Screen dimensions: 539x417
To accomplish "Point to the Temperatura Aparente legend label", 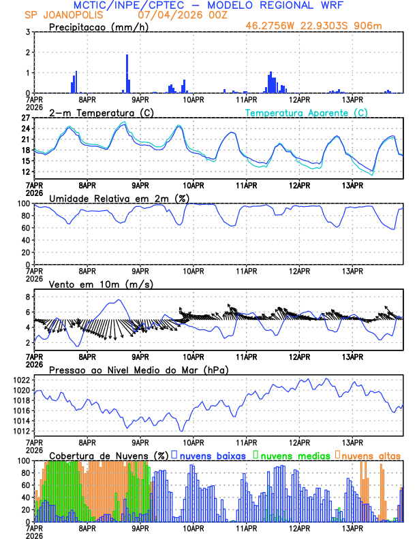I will tap(306, 112).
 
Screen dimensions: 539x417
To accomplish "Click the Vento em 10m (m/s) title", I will tap(91, 284).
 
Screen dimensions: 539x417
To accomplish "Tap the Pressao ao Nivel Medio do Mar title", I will tap(138, 370).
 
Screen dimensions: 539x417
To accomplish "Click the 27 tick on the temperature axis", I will tap(25, 118).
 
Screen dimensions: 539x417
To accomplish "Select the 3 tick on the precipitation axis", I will tap(27, 32).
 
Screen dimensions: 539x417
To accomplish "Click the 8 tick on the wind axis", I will tap(27, 297).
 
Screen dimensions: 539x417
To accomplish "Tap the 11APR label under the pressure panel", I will tap(246, 442).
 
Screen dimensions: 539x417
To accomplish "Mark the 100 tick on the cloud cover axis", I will tap(22, 461).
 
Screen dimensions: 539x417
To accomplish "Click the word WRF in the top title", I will tap(339, 5).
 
